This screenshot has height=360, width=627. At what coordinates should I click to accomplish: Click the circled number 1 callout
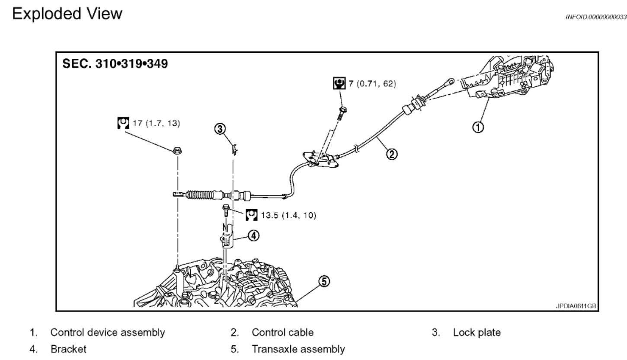(478, 127)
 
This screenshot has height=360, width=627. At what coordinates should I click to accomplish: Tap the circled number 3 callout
(220, 128)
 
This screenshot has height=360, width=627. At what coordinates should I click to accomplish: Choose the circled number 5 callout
(324, 281)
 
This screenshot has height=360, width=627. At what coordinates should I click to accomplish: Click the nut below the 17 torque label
(176, 151)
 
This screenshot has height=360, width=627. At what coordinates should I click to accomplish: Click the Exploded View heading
(67, 14)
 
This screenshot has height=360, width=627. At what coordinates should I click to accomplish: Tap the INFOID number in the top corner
(596, 17)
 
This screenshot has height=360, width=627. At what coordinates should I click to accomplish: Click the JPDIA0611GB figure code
(576, 306)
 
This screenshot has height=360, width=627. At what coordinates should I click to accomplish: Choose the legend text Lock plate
(477, 332)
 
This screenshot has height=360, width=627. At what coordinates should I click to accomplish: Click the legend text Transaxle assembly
(298, 349)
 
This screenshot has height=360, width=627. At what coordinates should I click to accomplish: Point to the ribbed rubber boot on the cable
(201, 196)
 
